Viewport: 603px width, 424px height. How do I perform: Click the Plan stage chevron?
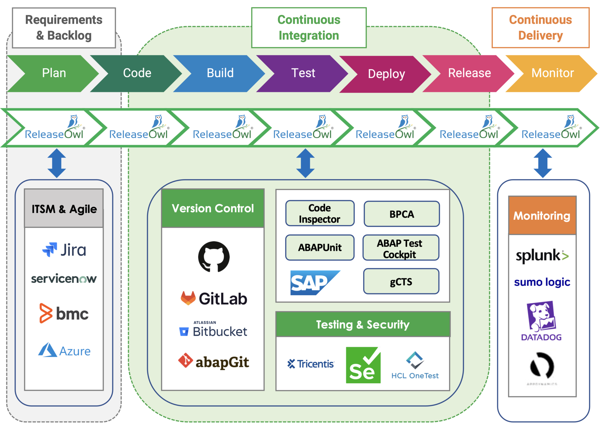click(x=54, y=73)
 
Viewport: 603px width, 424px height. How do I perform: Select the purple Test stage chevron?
click(x=303, y=73)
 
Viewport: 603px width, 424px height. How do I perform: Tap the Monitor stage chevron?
click(x=552, y=73)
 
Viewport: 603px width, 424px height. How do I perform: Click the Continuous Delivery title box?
click(x=540, y=28)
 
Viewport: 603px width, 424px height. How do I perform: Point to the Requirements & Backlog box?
click(x=64, y=28)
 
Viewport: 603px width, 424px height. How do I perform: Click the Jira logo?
click(x=64, y=250)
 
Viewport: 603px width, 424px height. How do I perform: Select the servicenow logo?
click(x=64, y=279)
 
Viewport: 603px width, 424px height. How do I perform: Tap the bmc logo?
click(x=64, y=313)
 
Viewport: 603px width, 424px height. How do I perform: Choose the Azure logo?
click(x=64, y=350)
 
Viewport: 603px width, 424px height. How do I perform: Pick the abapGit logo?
click(x=214, y=362)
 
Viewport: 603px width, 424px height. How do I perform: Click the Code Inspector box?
click(x=320, y=213)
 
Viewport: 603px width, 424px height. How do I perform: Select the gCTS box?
click(x=401, y=281)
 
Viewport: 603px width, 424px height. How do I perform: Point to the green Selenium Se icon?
click(x=363, y=365)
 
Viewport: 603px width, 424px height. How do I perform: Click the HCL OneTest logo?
click(x=415, y=365)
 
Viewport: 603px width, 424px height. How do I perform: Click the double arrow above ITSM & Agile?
click(x=57, y=163)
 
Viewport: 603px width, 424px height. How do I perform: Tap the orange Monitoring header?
click(x=542, y=215)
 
